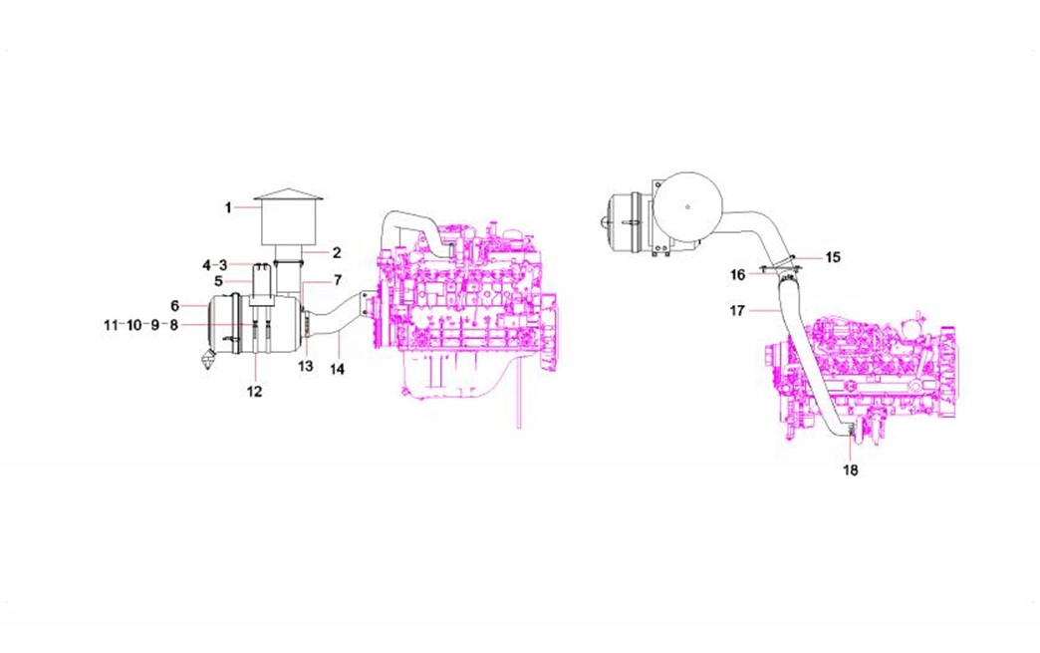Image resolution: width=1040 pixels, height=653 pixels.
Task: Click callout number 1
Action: [x=228, y=207]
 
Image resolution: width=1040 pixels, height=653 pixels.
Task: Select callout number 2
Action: [x=337, y=253]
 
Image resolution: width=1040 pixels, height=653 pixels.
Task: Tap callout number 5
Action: [x=219, y=281]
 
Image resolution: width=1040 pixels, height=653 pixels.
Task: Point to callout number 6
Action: [x=174, y=306]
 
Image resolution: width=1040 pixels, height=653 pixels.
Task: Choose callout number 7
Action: [x=338, y=281]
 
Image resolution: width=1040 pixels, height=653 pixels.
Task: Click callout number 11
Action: [x=111, y=325]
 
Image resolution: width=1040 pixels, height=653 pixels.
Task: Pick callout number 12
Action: [x=255, y=392]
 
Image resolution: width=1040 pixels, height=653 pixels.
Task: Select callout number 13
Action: [x=305, y=366]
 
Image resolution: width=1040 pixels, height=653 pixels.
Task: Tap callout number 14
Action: [x=338, y=369]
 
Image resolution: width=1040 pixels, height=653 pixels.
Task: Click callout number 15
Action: [x=833, y=257]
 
